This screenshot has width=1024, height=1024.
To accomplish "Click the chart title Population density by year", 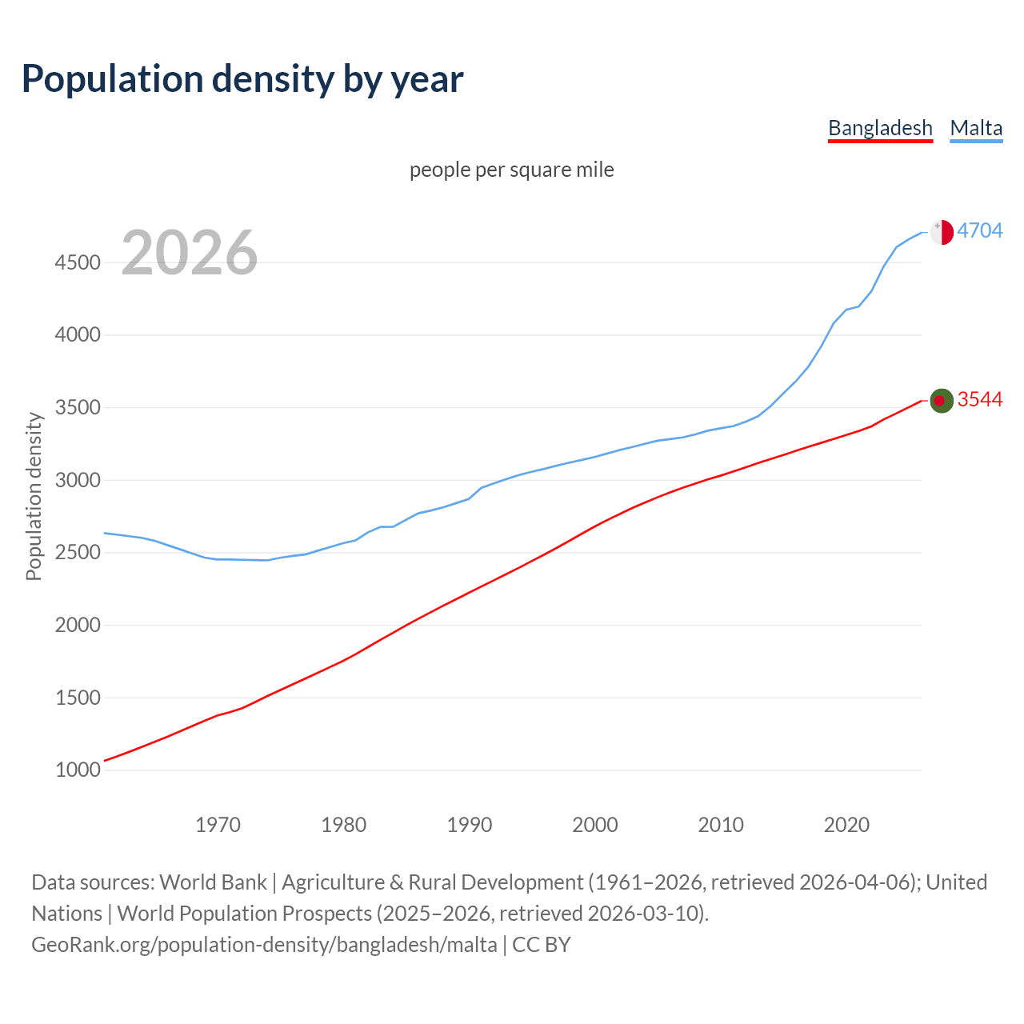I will pos(242,79).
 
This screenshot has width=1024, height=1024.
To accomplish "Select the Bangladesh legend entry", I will pos(880,128).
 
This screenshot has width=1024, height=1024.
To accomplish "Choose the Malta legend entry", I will pos(976,128).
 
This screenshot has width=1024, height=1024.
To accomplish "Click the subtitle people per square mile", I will pos(512,170).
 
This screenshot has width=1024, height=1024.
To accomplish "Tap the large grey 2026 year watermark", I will pos(190,253).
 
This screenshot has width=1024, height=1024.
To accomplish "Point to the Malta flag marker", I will pos(942,232).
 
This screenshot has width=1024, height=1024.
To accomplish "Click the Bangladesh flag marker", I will pos(942,401).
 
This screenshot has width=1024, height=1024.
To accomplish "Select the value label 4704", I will pos(979,230).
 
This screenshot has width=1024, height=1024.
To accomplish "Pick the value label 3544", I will pos(979,399).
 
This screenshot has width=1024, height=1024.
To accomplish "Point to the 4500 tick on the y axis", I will pos(78,262).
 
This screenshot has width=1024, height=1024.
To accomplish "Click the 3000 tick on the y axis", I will pos(78,480).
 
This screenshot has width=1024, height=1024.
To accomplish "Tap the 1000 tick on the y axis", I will pos(78,770).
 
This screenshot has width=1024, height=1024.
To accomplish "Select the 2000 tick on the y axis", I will pos(78,625).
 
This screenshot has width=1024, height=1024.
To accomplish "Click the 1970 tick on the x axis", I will pos(218,824).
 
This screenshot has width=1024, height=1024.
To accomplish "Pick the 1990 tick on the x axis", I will pos(470,824).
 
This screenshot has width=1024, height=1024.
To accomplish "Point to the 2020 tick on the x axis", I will pos(846,824).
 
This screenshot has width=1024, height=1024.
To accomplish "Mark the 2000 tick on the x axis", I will pos(595,824).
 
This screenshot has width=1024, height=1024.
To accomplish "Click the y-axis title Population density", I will pos(34,496).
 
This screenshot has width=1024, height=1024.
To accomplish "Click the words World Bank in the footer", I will pos(213,882).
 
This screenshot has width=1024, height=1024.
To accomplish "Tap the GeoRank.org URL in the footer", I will pos(264,945).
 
